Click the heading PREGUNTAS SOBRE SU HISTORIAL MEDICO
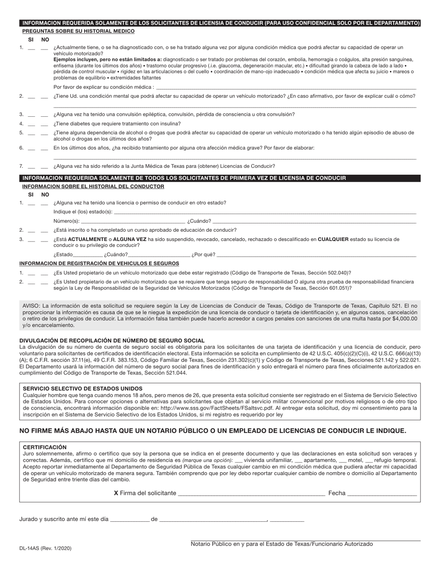(x=78, y=31)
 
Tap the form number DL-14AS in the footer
(x=45, y=548)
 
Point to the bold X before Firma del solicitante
(x=116, y=493)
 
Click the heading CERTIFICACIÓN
(x=44, y=447)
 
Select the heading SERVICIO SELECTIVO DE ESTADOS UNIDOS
(x=82, y=388)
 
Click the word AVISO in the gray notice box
(x=31, y=306)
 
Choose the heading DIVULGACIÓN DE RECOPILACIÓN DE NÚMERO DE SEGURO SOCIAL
(x=112, y=341)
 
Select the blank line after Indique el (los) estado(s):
(x=264, y=212)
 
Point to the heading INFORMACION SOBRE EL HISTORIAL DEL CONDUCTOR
(x=93, y=186)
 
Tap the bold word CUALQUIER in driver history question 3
(x=333, y=240)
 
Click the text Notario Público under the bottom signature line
(x=210, y=545)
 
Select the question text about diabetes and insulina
(x=117, y=124)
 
